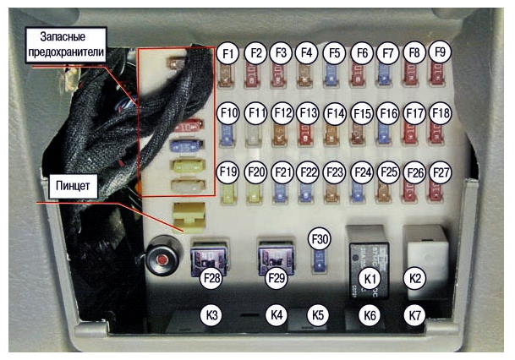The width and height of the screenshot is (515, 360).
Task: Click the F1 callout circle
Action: point(227,53)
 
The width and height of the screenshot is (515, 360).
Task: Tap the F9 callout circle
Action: point(440,52)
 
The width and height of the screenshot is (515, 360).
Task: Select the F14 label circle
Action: point(335,113)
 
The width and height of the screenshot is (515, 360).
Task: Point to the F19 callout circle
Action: point(227,172)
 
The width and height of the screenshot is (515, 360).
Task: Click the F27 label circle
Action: point(441,172)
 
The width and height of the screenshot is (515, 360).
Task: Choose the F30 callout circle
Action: point(320,239)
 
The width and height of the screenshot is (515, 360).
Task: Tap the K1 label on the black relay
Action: point(370,278)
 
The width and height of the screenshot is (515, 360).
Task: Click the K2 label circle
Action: point(414,278)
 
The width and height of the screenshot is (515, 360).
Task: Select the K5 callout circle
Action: point(318,315)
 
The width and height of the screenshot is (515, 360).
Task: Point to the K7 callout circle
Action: point(414,315)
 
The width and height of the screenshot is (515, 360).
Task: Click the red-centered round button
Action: point(162,259)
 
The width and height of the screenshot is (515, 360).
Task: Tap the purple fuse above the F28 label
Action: point(209,260)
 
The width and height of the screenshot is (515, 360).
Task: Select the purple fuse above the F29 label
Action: point(277,259)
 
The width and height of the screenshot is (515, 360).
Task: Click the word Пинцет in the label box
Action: point(73,186)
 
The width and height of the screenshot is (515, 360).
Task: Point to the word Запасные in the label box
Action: point(63,36)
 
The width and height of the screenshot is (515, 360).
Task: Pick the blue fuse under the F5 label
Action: point(331,75)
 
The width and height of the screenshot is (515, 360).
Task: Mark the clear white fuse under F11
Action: point(253,135)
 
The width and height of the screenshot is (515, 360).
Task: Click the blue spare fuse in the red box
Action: point(186,145)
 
